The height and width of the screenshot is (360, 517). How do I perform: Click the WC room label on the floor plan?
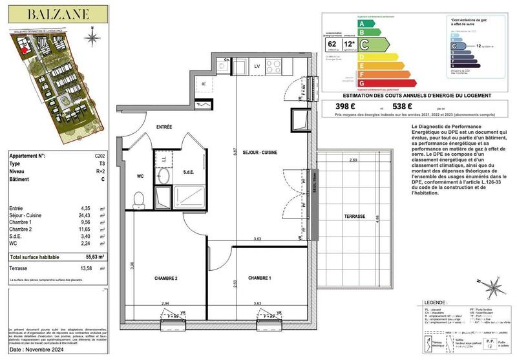pos(140,175)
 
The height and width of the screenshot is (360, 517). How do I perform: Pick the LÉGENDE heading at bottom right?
pos(432,302)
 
